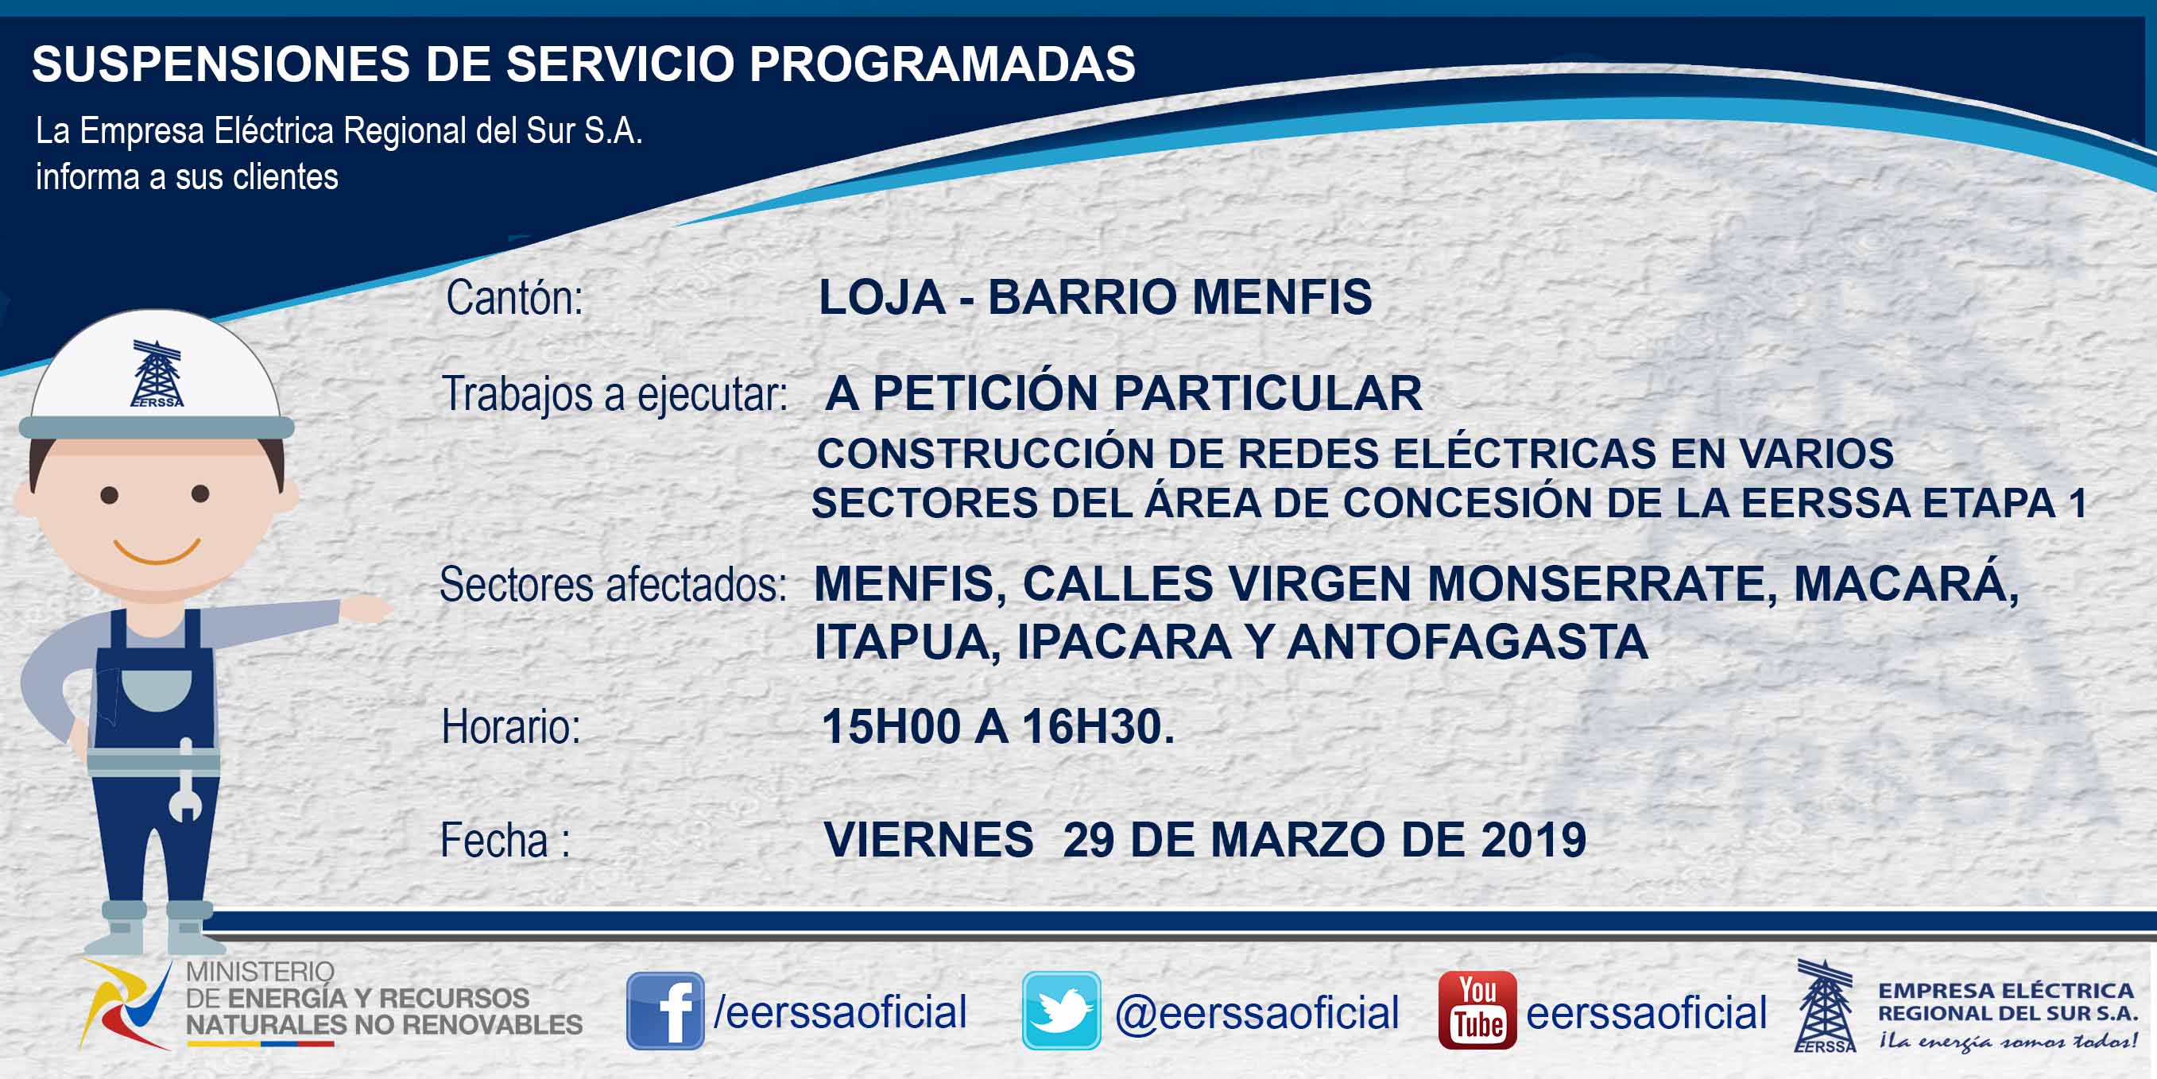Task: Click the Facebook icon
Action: [665, 1011]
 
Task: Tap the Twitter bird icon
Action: [1061, 1011]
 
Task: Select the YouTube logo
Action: [1477, 1011]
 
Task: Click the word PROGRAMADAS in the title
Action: [942, 64]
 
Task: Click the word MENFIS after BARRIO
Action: [1282, 297]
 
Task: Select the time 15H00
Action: [890, 725]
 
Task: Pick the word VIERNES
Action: [928, 840]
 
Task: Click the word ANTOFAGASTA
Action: [1468, 642]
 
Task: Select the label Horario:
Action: [511, 726]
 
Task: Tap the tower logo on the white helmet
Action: [157, 373]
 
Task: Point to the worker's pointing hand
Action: [365, 608]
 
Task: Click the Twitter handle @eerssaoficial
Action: [1257, 1012]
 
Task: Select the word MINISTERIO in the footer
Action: [260, 971]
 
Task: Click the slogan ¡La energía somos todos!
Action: [2007, 1042]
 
